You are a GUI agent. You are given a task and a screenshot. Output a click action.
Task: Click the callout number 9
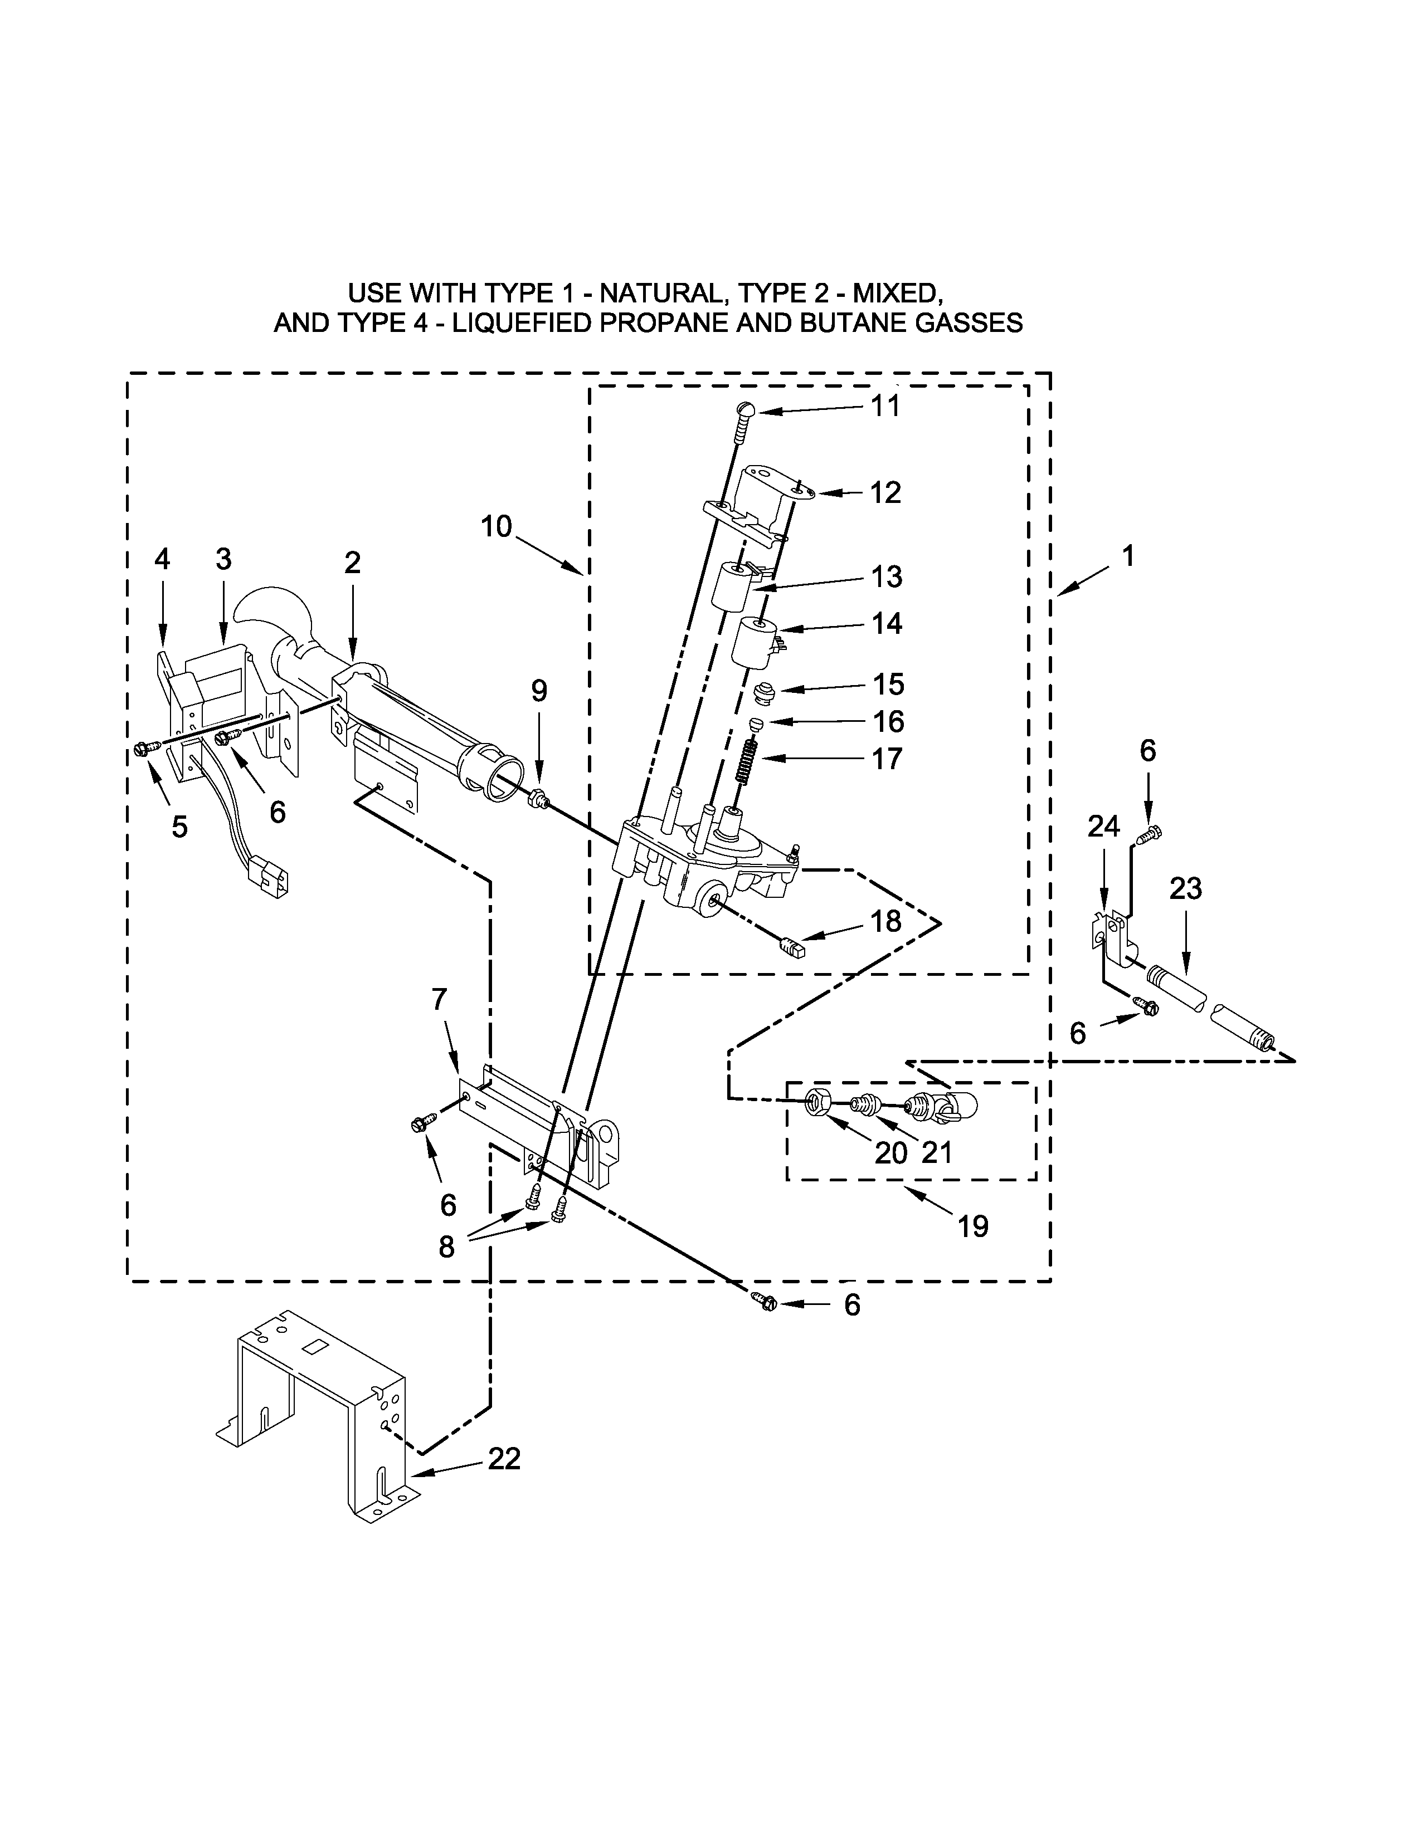point(539,691)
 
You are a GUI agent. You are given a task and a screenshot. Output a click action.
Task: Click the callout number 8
point(446,1246)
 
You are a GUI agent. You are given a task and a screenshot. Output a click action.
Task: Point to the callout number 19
point(972,1226)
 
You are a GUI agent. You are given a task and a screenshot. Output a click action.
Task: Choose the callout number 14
point(887,624)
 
